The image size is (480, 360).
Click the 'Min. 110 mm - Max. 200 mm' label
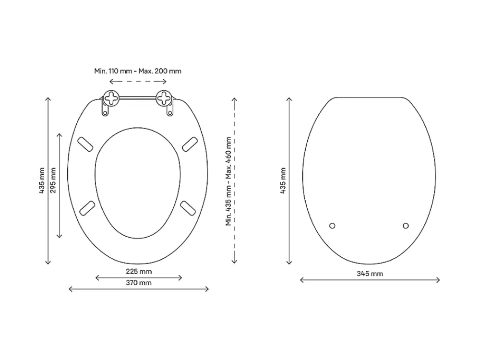click(x=138, y=71)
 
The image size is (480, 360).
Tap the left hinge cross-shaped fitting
click(x=111, y=98)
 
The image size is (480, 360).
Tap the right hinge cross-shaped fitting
click(x=164, y=98)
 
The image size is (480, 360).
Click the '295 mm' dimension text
click(x=53, y=180)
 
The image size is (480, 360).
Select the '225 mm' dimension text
click(x=139, y=272)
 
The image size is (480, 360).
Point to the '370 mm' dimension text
click(x=139, y=283)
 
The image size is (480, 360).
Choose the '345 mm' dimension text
click(x=370, y=274)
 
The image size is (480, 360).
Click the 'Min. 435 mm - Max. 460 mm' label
click(x=228, y=181)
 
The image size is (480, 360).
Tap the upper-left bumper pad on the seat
click(x=85, y=144)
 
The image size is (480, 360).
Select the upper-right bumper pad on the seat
click(x=190, y=144)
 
